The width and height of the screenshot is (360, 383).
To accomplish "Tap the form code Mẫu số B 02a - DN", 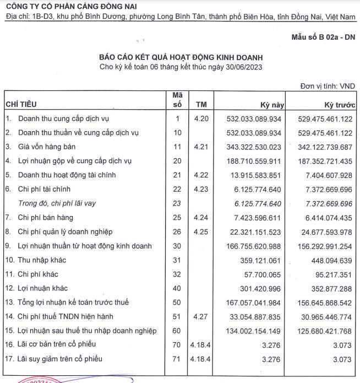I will (x=323, y=37).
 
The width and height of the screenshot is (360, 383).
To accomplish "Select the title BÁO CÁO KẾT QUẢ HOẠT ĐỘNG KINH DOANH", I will (x=181, y=57).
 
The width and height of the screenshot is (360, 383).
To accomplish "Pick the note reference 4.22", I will (x=201, y=175).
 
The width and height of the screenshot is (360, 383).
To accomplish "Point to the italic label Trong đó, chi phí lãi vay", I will (x=57, y=203).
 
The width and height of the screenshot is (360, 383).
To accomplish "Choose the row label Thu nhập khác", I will (x=42, y=260).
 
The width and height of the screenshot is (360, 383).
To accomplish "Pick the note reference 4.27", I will (x=201, y=317).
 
